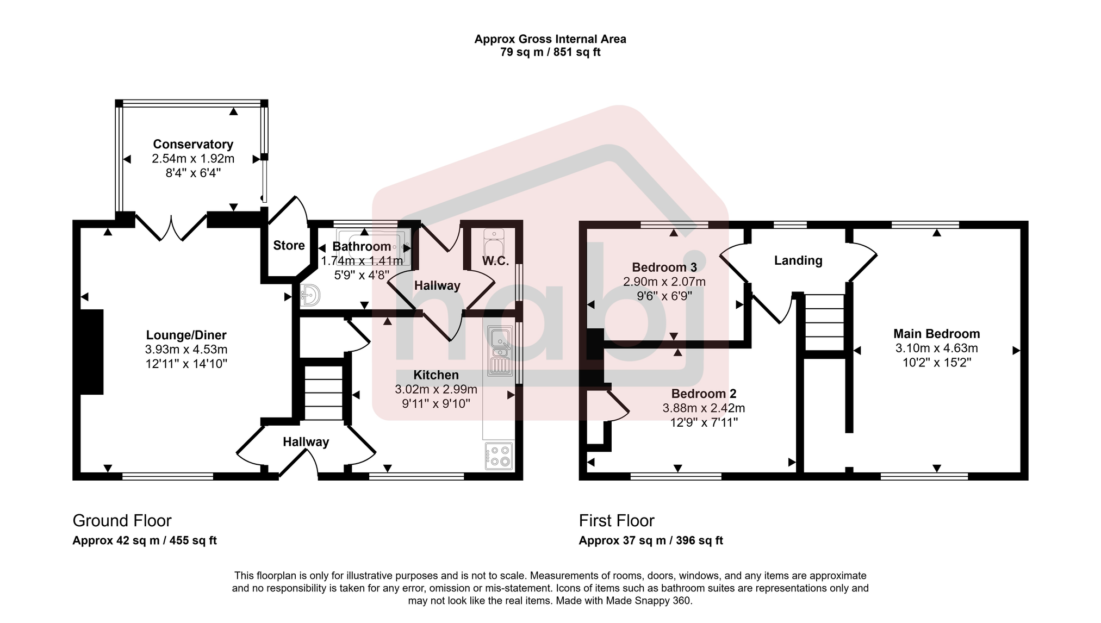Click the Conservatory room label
[193, 144]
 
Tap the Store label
[289, 246]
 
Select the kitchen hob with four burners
[499, 456]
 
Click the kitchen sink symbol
[499, 351]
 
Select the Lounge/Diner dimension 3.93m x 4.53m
[186, 350]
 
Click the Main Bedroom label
[936, 334]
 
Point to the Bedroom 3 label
[664, 267]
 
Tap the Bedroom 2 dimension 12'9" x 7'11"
[703, 422]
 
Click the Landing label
[798, 260]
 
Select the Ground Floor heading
[122, 521]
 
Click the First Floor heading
[617, 521]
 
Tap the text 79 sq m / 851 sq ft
[550, 53]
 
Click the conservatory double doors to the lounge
[171, 227]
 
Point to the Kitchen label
[436, 375]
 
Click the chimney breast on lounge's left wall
[92, 352]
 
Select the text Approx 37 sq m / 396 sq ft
[650, 541]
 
